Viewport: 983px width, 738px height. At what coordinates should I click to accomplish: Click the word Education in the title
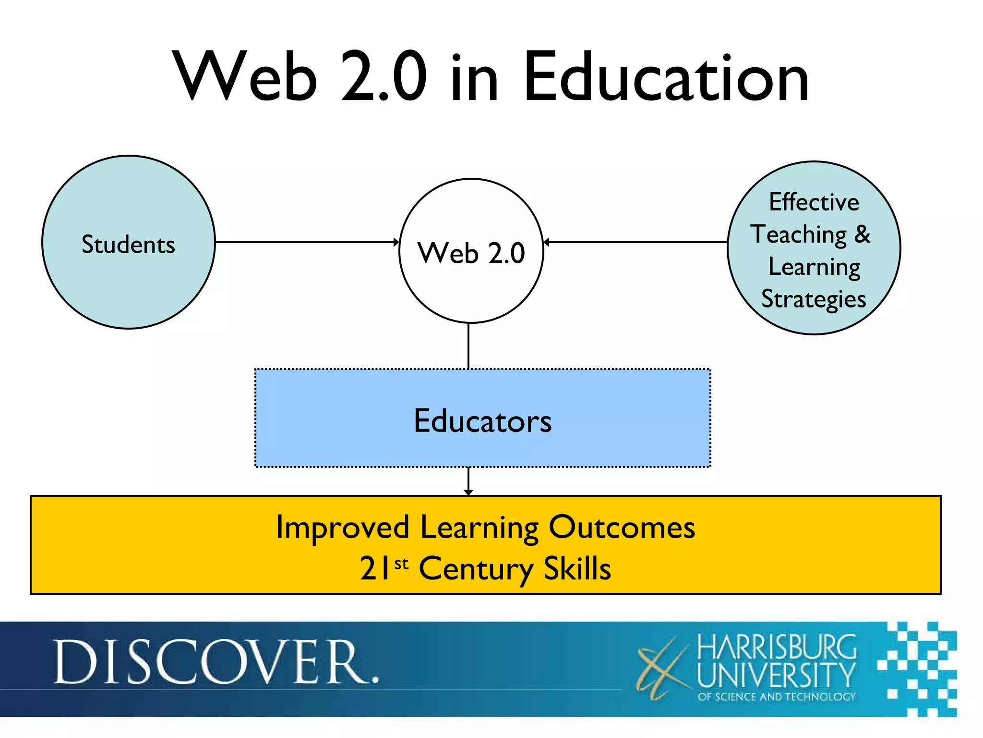pyautogui.click(x=666, y=78)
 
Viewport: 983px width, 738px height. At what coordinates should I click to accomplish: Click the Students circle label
pyautogui.click(x=128, y=245)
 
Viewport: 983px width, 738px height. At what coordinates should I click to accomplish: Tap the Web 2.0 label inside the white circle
pyautogui.click(x=471, y=253)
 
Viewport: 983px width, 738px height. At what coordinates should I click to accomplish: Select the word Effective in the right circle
pyautogui.click(x=814, y=202)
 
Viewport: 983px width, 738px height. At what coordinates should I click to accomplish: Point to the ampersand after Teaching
pyautogui.click(x=862, y=234)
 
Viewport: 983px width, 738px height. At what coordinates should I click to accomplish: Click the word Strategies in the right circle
pyautogui.click(x=814, y=299)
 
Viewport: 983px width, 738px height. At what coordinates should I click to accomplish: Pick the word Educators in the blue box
pyautogui.click(x=482, y=421)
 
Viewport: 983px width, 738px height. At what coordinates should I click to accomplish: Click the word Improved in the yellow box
pyautogui.click(x=342, y=528)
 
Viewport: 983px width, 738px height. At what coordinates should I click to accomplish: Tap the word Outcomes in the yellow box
pyautogui.click(x=622, y=528)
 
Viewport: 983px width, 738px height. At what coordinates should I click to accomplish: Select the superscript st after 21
pyautogui.click(x=401, y=563)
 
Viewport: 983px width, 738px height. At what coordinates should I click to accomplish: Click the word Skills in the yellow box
pyautogui.click(x=577, y=569)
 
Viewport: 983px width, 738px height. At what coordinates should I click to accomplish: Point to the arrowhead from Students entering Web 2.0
pyautogui.click(x=396, y=242)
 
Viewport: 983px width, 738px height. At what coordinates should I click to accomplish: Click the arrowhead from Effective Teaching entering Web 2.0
pyautogui.click(x=546, y=242)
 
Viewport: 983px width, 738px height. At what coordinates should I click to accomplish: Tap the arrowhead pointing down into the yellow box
pyautogui.click(x=468, y=492)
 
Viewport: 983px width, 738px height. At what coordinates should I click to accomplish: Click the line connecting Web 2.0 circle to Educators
pyautogui.click(x=468, y=346)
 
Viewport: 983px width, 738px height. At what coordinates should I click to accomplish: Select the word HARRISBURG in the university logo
pyautogui.click(x=776, y=647)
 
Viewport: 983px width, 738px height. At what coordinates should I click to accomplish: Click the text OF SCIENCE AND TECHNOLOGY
pyautogui.click(x=777, y=697)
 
